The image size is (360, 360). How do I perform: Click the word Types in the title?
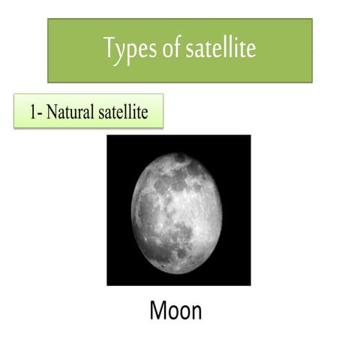pyautogui.click(x=130, y=49)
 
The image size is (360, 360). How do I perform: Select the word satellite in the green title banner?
pyautogui.click(x=220, y=49)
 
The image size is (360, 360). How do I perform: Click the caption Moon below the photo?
pyautogui.click(x=176, y=310)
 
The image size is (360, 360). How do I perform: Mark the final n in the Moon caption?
pyautogui.click(x=195, y=311)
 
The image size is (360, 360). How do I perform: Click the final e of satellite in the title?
pyautogui.click(x=252, y=50)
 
